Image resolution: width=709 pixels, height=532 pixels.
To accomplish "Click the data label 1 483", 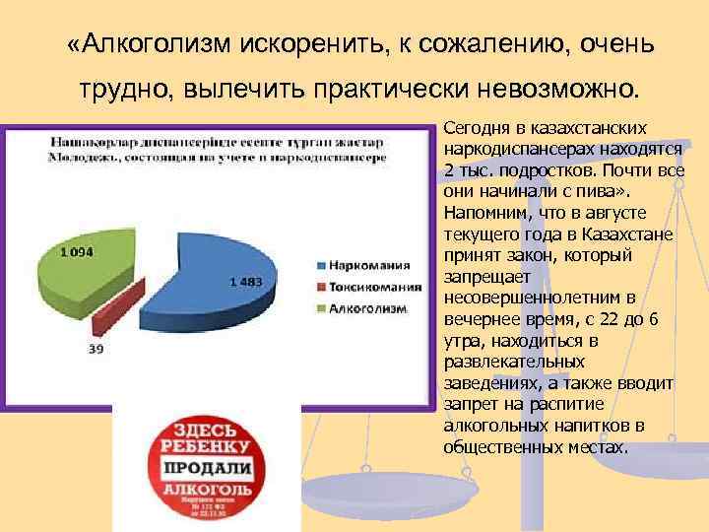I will tap(246, 282).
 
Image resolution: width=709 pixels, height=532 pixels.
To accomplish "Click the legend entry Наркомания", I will tap(371, 265).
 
